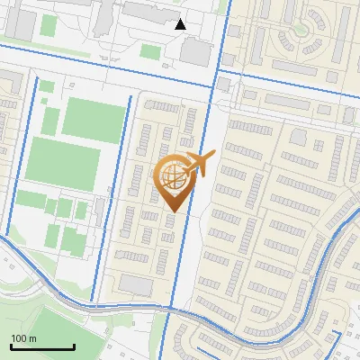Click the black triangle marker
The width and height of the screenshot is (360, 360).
181,24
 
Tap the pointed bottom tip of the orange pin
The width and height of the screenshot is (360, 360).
172,211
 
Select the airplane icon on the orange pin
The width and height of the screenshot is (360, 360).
201,163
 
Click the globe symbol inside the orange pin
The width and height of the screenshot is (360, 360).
172,175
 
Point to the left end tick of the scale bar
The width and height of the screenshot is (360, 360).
11,346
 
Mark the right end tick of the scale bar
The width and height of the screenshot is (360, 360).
74,346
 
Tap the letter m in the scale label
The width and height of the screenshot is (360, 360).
33,337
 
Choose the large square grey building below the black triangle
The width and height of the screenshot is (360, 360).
195,51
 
